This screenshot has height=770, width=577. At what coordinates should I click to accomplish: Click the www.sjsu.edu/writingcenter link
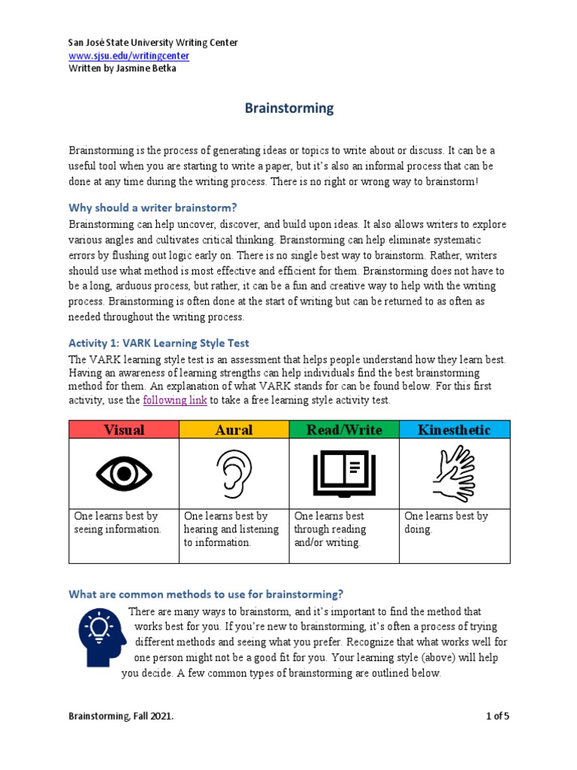(x=128, y=56)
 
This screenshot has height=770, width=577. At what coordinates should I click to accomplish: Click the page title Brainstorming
(x=289, y=108)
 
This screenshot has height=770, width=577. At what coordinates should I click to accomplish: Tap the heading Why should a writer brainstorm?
(x=158, y=208)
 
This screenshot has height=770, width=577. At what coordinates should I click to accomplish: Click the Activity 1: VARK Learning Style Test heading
(x=159, y=343)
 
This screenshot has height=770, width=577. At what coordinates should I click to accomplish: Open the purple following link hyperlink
(x=174, y=400)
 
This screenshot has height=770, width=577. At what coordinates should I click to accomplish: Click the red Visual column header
(x=124, y=430)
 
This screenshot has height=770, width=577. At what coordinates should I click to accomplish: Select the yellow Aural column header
(x=234, y=430)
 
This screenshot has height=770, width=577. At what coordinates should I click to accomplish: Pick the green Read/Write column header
(x=344, y=430)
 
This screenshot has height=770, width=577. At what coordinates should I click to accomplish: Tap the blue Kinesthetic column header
(x=454, y=430)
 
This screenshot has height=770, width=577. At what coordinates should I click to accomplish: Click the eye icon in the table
(x=124, y=473)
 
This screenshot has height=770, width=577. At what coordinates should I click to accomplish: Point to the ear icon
(x=234, y=474)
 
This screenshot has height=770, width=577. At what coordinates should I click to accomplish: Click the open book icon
(x=344, y=473)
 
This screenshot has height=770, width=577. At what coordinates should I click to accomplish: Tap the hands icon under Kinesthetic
(x=454, y=473)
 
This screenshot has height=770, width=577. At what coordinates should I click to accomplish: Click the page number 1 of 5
(x=497, y=717)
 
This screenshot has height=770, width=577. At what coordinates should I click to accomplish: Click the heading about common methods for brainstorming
(x=206, y=594)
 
